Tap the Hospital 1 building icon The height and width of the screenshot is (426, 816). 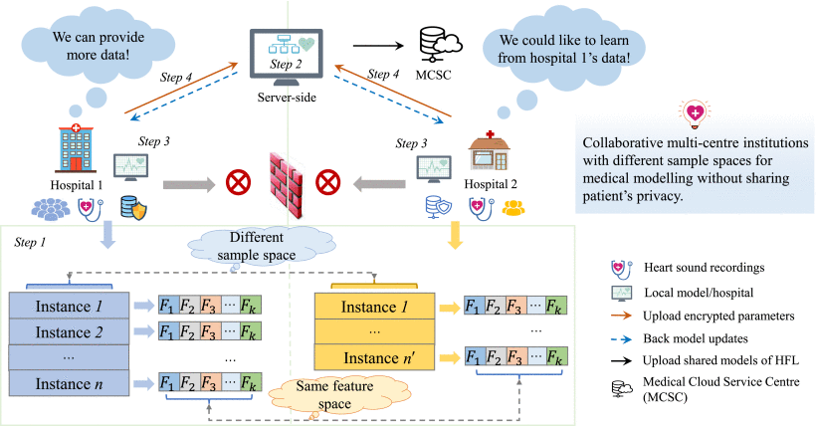pos(77,150)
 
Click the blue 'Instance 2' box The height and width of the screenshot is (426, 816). pos(69,330)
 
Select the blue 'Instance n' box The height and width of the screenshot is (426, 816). pos(69,383)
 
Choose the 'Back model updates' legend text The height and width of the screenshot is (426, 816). pos(698,339)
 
